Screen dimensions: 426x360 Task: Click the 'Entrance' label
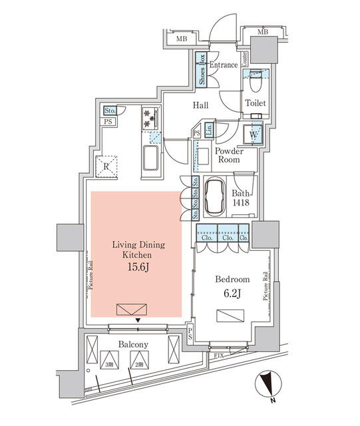[x=223, y=65]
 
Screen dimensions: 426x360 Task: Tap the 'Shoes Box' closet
[x=200, y=69]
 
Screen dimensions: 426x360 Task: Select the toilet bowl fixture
[x=256, y=87]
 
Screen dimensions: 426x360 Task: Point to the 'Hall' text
[x=201, y=106]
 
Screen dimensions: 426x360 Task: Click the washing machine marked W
[x=254, y=134]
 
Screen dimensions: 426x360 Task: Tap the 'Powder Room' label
[x=228, y=156]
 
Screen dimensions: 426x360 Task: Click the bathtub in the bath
[x=215, y=198]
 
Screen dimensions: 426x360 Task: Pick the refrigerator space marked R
[x=106, y=167]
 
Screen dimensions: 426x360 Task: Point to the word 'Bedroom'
[x=232, y=279]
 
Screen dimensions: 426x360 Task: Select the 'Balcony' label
[x=133, y=344]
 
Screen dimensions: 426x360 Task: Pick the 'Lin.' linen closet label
[x=209, y=130]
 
